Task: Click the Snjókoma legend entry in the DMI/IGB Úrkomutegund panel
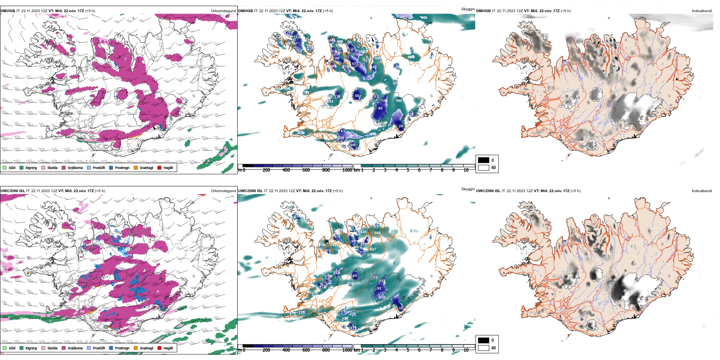(x=75, y=168)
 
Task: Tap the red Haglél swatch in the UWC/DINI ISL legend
(x=160, y=348)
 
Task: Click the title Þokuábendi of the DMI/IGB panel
(x=702, y=11)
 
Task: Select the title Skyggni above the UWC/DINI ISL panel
(x=468, y=189)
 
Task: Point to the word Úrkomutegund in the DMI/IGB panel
(x=223, y=11)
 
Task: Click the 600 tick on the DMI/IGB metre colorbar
(x=306, y=170)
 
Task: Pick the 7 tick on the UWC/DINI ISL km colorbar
(x=430, y=350)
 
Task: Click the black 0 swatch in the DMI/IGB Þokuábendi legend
(x=484, y=160)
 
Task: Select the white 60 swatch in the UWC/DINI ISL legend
(x=484, y=348)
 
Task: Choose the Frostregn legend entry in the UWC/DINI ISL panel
(x=122, y=348)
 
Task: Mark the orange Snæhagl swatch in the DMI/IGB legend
(x=136, y=168)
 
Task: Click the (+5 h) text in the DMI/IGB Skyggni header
(x=328, y=11)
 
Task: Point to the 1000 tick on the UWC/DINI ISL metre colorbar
(x=347, y=350)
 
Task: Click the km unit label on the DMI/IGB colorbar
(x=357, y=170)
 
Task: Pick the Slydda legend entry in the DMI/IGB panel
(x=52, y=168)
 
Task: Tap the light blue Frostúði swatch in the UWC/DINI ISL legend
(x=89, y=348)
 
